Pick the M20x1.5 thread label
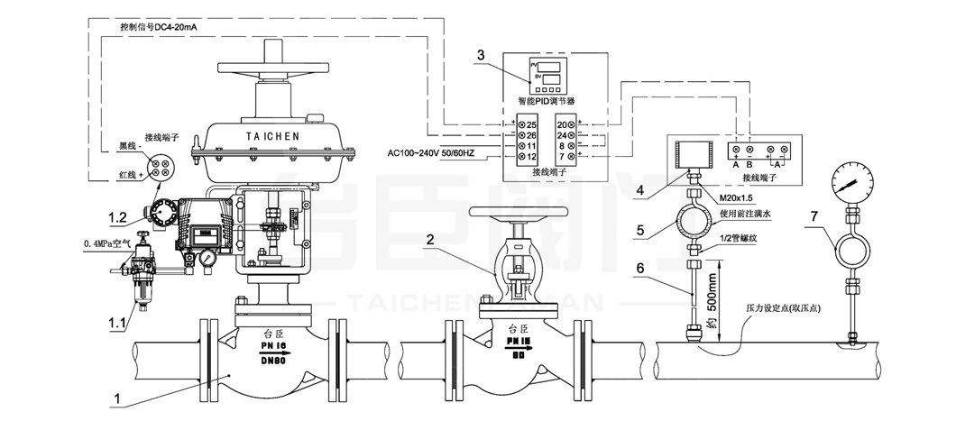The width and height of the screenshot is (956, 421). pos(737,198)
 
